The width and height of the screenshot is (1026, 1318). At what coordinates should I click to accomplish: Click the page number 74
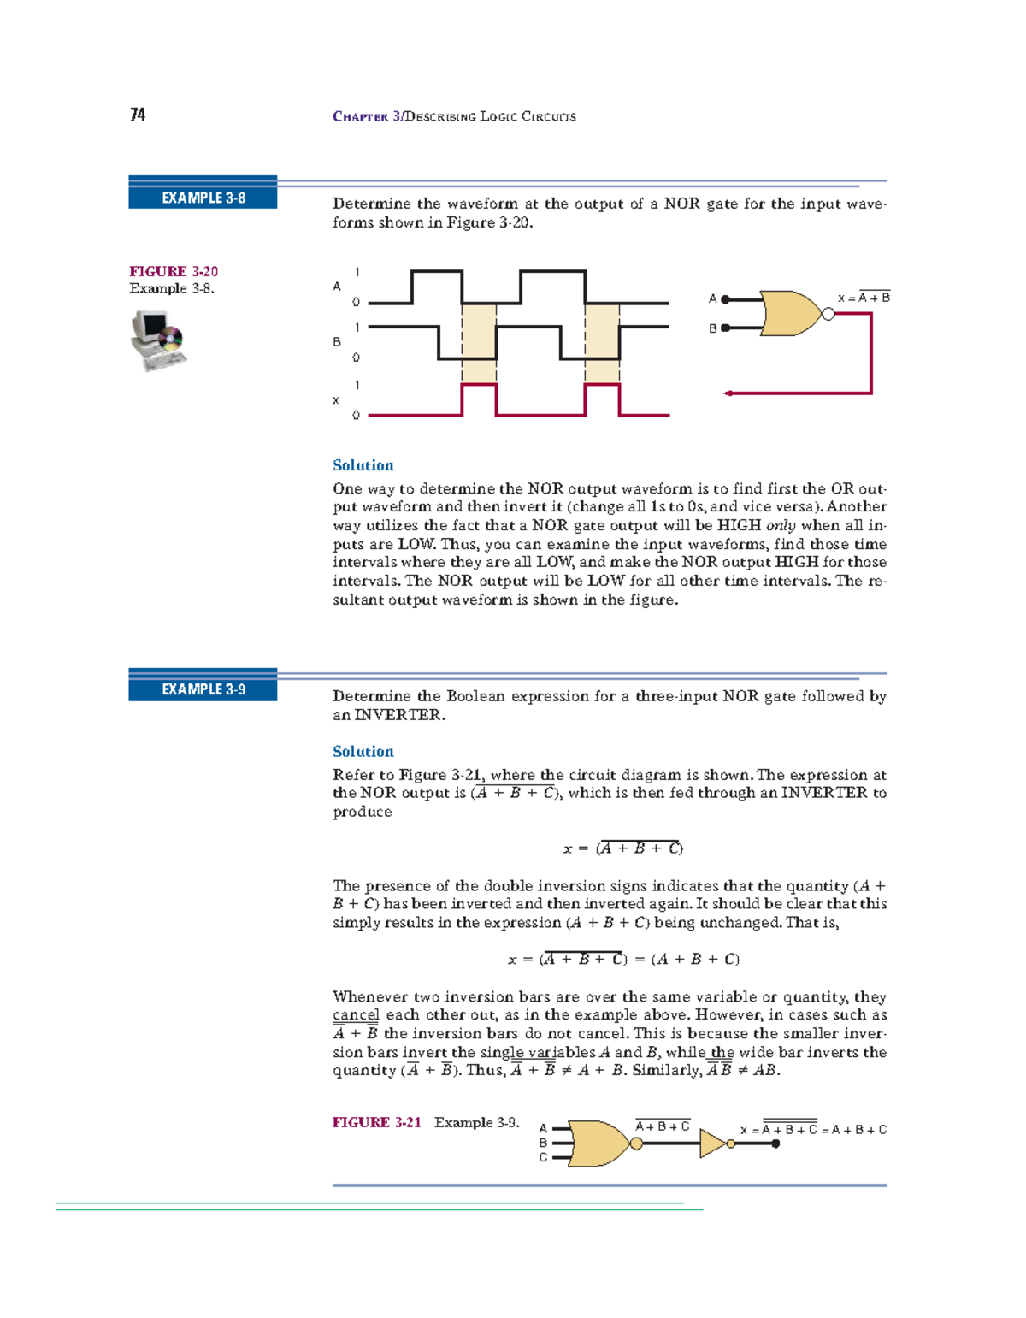click(x=138, y=115)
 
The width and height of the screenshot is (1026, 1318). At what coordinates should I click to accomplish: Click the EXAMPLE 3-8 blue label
click(x=203, y=198)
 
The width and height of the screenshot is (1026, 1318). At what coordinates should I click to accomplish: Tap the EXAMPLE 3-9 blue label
click(x=203, y=689)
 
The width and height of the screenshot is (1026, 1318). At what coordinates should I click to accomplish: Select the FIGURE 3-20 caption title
click(x=174, y=271)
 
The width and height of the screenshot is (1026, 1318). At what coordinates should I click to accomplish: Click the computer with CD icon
click(x=157, y=340)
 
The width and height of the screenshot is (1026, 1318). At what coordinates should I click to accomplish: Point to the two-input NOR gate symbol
click(x=792, y=313)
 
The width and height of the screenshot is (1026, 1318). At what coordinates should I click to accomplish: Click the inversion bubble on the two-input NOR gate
click(x=828, y=314)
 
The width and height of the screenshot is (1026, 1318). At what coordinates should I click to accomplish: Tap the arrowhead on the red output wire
click(x=728, y=393)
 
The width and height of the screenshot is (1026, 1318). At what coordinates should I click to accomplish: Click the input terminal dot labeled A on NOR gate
click(x=725, y=299)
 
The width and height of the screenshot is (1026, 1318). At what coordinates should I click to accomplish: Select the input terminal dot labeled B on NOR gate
click(x=725, y=328)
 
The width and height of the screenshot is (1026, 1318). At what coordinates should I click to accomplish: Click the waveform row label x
click(x=335, y=400)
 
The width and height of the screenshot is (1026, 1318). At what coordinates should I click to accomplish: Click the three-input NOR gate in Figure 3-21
click(x=598, y=1144)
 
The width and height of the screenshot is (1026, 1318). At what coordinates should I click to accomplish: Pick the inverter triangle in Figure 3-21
click(x=712, y=1144)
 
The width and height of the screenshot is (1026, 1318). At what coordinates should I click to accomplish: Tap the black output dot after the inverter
click(x=775, y=1144)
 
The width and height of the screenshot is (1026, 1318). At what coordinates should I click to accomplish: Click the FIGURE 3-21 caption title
click(x=376, y=1122)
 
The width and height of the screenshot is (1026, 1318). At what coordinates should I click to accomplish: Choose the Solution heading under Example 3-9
click(x=363, y=751)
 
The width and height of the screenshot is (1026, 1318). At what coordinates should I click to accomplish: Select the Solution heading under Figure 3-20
click(x=363, y=465)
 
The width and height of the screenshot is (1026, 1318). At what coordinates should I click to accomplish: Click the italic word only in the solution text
click(x=781, y=526)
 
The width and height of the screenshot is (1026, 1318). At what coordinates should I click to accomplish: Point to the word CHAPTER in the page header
click(x=360, y=116)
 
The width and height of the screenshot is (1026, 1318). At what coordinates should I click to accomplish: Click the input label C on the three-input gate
click(x=543, y=1158)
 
